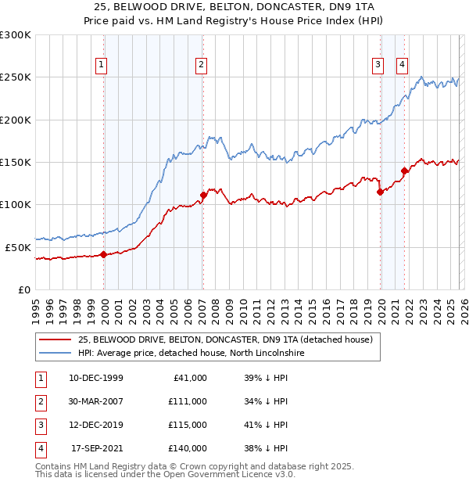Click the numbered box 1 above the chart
[x=102, y=65]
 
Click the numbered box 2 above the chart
[x=202, y=65]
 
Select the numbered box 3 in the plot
[x=378, y=65]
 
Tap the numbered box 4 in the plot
[x=402, y=65]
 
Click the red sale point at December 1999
[x=104, y=254]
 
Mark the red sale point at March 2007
[x=203, y=195]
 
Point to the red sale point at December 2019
[x=380, y=192]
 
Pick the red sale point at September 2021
[x=404, y=171]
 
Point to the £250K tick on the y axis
[x=16, y=77]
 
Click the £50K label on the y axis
[x=18, y=247]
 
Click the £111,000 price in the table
[x=188, y=401]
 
